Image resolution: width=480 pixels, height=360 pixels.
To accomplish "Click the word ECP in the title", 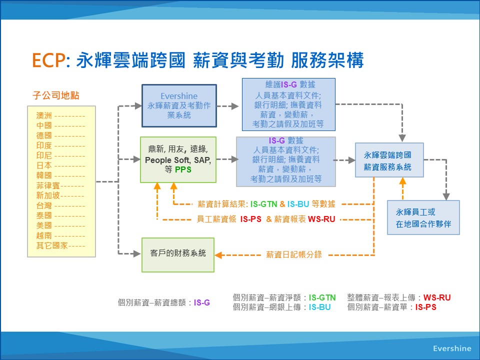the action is (48, 60).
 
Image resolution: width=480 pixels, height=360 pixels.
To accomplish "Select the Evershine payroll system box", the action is (179, 105).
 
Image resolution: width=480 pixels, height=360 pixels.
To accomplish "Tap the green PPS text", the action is (183, 169).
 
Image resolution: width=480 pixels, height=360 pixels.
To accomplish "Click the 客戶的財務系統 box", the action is (178, 254).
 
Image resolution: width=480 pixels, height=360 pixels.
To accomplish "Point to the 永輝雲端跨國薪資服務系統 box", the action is (389, 160).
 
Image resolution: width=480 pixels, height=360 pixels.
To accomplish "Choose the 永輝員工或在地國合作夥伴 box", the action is (423, 217).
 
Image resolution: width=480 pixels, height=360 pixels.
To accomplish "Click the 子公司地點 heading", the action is (55, 95).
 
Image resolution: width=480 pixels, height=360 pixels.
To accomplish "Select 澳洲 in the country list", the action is (44, 115).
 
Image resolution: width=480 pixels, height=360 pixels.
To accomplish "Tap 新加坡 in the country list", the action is (48, 195).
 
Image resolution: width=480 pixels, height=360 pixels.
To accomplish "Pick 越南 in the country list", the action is (44, 235).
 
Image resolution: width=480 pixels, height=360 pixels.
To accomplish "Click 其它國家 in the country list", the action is (52, 245).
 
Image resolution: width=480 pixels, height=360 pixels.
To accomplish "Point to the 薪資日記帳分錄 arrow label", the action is (294, 254).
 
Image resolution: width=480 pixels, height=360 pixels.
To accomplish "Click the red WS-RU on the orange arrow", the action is (321, 219).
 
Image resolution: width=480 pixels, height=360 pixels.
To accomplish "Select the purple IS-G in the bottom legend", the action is (201, 303).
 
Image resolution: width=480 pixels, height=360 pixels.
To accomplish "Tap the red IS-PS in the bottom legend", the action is (426, 307).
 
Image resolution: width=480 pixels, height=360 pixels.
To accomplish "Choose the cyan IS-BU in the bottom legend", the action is (319, 307).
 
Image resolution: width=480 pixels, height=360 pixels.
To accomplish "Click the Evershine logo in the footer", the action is (452, 348).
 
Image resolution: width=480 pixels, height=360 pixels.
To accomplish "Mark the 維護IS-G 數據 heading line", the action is (290, 84).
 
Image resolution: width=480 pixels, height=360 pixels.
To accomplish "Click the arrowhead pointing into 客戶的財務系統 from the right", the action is (218, 255).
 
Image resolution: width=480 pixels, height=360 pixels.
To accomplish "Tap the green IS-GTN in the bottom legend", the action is (322, 297).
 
